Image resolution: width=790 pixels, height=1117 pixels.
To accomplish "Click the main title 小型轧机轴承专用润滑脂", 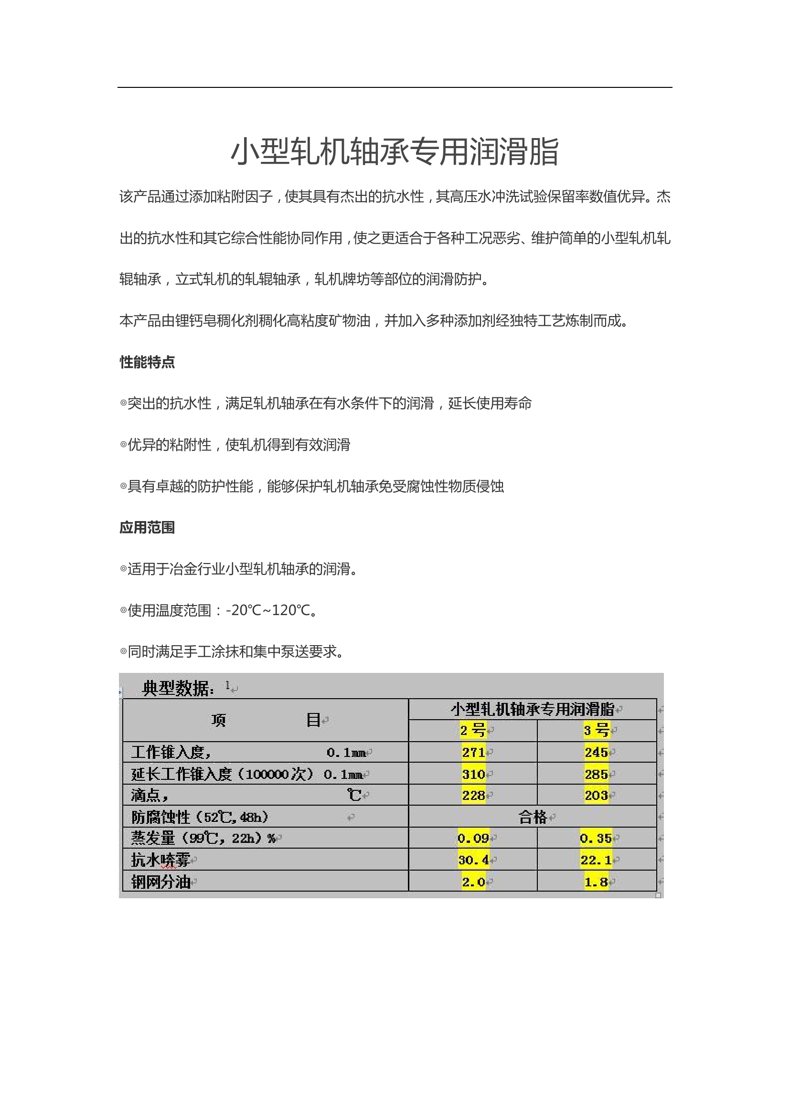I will click(395, 152).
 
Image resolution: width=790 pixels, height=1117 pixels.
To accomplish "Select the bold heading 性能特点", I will click(147, 362).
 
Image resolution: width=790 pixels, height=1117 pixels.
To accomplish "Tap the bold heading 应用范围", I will click(147, 527).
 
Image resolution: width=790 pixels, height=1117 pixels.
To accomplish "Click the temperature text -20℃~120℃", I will click(268, 610).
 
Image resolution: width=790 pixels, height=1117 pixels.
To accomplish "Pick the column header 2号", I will click(473, 730).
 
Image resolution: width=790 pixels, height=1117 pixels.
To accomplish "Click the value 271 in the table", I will click(473, 753).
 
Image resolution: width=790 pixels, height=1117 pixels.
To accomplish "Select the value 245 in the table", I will click(597, 753).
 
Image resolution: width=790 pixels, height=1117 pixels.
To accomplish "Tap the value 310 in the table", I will click(473, 774).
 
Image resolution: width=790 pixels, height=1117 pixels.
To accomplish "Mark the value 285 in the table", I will click(597, 774).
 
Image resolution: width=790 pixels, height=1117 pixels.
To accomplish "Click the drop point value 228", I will click(473, 796).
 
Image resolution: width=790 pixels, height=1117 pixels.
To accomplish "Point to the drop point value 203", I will click(597, 796).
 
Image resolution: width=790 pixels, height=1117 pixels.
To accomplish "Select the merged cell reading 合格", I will click(533, 817).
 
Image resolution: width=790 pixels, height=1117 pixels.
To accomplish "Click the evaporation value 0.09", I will click(473, 838).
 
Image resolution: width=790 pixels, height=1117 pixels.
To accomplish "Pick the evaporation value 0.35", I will click(596, 838).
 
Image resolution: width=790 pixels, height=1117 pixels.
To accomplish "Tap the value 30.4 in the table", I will click(473, 860).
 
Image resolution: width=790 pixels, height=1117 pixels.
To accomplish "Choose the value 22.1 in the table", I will click(596, 860).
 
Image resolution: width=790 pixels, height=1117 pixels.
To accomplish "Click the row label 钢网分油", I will click(160, 882).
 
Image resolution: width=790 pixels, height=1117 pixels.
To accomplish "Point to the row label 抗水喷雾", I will click(160, 860).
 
